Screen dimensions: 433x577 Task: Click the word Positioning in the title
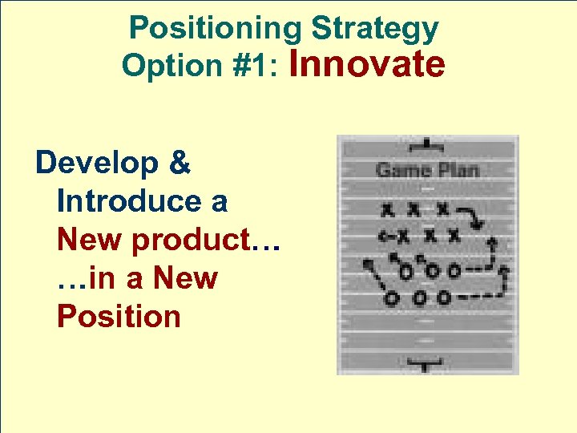[x=216, y=28]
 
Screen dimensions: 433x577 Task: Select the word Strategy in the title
[x=374, y=28]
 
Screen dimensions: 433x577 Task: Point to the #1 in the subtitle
[x=248, y=66]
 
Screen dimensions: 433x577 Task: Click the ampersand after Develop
[x=180, y=163]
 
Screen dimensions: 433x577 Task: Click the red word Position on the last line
[x=119, y=316]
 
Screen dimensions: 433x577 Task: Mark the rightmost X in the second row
[x=454, y=236]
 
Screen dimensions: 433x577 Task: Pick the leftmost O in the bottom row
[x=391, y=298]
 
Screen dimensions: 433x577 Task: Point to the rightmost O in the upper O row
[x=454, y=270]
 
